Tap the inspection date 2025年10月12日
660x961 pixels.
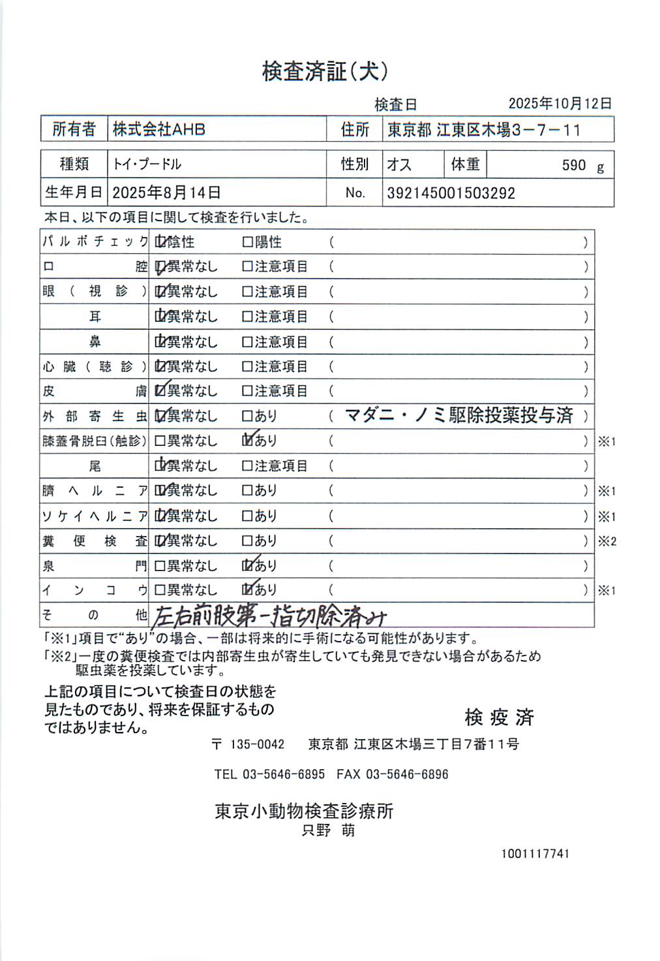click(x=560, y=103)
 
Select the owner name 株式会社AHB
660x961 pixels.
click(x=158, y=129)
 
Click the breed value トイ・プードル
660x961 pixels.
click(x=147, y=164)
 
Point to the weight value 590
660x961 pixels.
click(x=573, y=165)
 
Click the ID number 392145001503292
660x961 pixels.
click(x=451, y=193)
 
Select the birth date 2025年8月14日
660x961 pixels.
click(x=166, y=193)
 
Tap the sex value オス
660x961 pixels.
click(x=399, y=165)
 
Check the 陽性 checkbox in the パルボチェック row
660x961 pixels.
click(x=247, y=242)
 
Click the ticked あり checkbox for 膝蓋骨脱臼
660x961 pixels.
click(x=247, y=441)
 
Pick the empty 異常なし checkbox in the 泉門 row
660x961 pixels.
click(x=160, y=566)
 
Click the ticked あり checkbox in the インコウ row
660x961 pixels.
click(x=247, y=590)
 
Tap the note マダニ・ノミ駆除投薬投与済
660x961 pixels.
click(x=458, y=415)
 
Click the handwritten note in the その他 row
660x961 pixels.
click(x=269, y=616)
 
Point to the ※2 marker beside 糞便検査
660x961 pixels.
click(x=607, y=541)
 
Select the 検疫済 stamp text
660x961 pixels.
click(x=499, y=717)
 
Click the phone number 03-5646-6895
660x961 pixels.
click(x=283, y=774)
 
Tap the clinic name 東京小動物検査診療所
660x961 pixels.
click(x=304, y=811)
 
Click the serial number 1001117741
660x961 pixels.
click(x=535, y=853)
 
